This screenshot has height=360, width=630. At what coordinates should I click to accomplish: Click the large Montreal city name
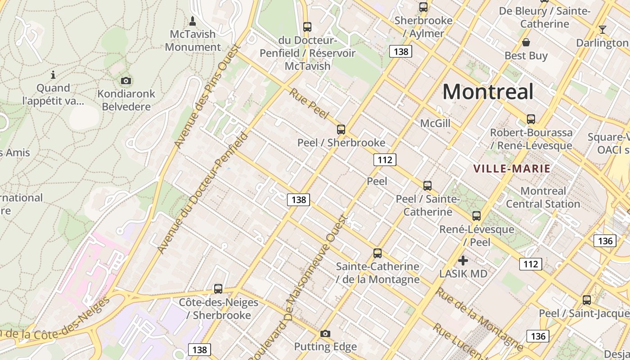click(488, 92)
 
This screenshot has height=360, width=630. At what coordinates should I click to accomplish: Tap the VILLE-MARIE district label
click(512, 169)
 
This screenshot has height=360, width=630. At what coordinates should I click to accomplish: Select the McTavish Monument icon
click(193, 21)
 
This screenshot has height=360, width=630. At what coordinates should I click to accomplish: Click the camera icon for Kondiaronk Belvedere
click(126, 81)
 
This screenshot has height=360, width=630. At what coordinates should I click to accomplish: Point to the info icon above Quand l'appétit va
click(53, 75)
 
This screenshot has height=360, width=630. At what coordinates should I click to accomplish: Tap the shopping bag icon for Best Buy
click(526, 42)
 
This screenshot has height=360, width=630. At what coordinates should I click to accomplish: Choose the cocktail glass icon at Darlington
click(603, 30)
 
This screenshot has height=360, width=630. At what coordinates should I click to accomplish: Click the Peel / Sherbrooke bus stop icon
click(341, 130)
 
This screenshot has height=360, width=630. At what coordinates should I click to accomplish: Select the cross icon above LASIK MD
click(463, 260)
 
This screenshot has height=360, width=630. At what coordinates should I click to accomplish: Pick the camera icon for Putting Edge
click(325, 333)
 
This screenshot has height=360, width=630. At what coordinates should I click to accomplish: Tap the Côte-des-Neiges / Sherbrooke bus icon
click(218, 288)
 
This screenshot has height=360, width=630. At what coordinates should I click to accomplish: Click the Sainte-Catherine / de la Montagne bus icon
click(378, 253)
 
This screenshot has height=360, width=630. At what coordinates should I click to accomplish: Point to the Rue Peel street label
click(309, 103)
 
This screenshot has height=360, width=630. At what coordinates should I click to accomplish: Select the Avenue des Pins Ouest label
click(207, 96)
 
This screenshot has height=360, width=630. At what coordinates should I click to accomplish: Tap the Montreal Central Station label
click(543, 198)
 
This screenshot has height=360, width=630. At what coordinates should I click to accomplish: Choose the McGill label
click(435, 123)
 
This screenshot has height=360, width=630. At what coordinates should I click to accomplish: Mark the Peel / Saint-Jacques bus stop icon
click(587, 300)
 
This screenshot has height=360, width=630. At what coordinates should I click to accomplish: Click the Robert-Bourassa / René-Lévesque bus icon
click(531, 119)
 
